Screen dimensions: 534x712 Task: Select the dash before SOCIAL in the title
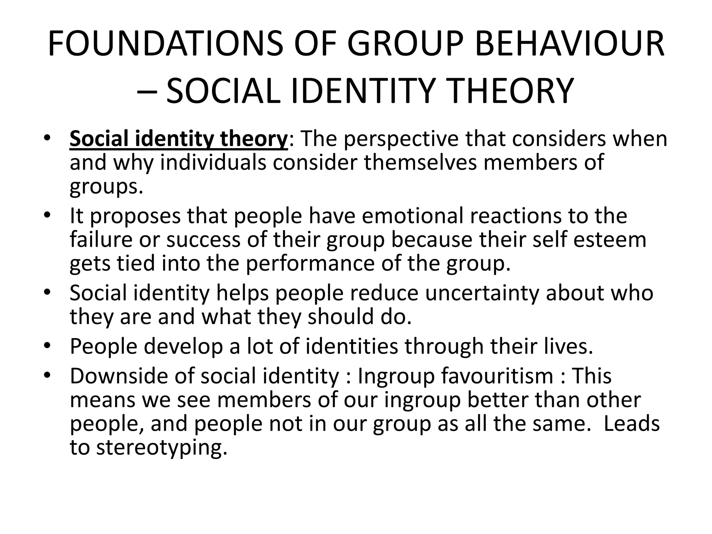point(147,91)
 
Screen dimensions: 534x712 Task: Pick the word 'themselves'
point(420,162)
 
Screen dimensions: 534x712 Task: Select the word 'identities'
point(351,346)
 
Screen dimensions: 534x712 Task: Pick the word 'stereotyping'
point(162,447)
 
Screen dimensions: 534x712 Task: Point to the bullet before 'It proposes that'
point(48,215)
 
